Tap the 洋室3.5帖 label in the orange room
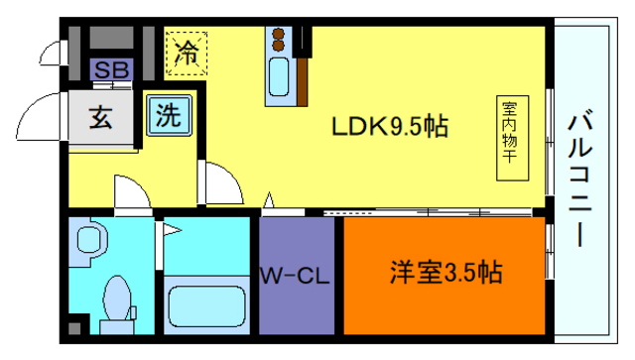click(x=444, y=272)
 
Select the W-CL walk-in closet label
click(x=295, y=274)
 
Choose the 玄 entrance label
click(x=101, y=117)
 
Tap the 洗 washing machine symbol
click(x=168, y=115)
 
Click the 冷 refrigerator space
click(x=186, y=52)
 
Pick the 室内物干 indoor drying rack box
click(x=509, y=138)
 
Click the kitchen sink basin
click(x=279, y=73)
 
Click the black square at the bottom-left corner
click(x=74, y=328)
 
